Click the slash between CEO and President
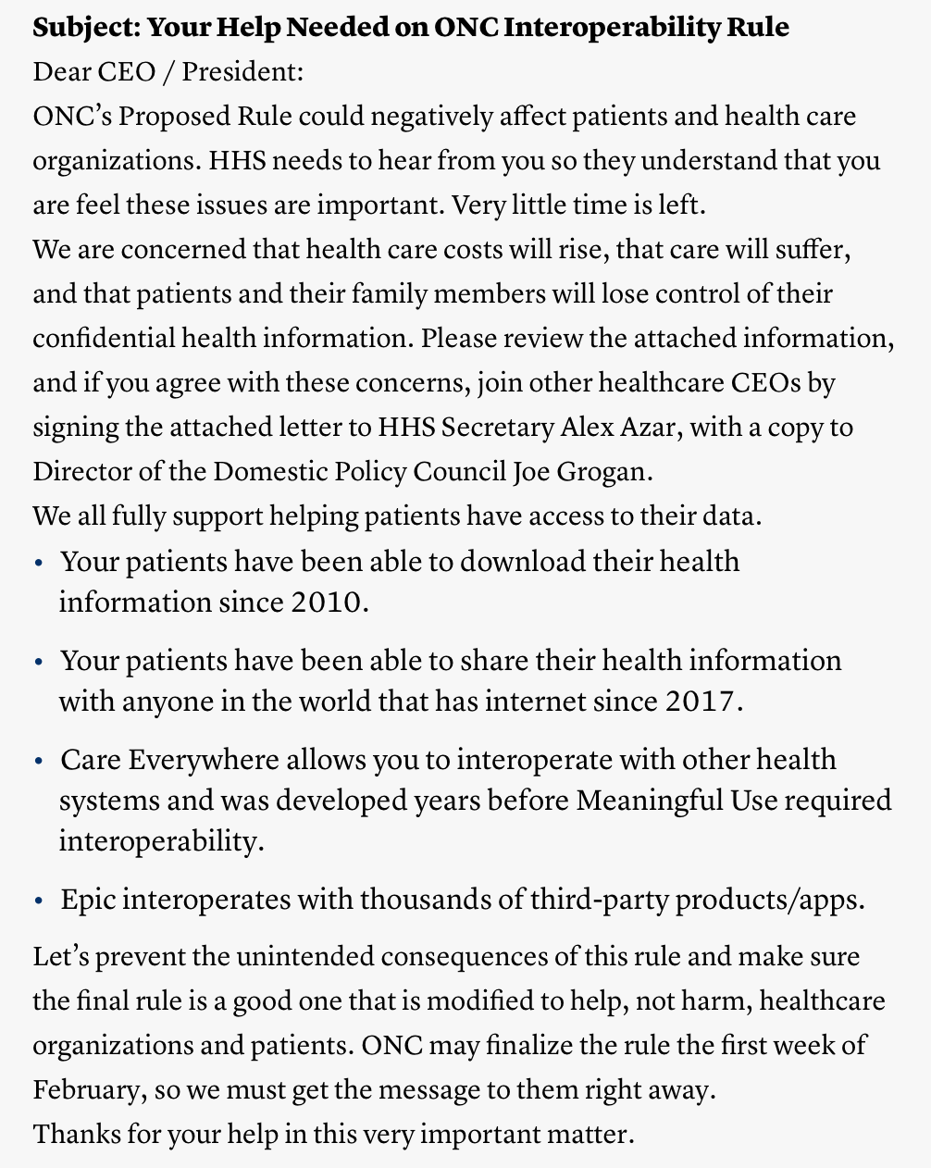coord(169,72)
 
